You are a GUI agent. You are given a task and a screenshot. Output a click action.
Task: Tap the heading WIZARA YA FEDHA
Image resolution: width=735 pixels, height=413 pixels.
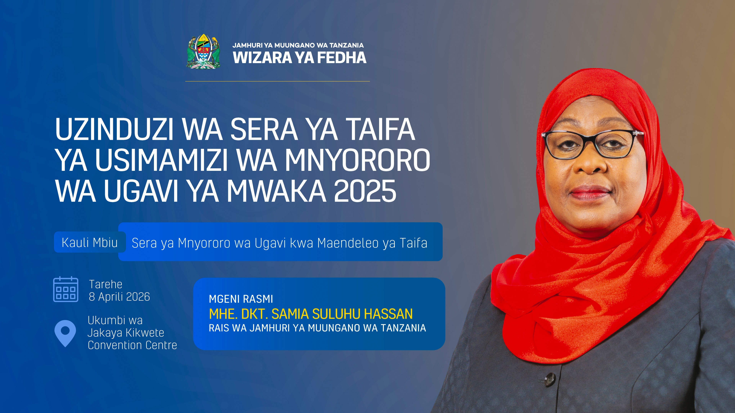299,58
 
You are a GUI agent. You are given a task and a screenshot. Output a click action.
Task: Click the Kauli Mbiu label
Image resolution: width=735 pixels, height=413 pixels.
90,243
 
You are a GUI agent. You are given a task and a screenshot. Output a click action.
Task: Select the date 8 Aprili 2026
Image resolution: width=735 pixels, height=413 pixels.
119,297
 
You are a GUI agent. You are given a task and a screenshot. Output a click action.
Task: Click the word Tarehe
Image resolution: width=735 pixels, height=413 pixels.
105,284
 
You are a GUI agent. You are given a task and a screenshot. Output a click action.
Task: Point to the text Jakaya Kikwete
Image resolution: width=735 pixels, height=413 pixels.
126,333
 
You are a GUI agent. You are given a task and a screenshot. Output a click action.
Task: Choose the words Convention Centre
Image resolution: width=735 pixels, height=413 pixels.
132,345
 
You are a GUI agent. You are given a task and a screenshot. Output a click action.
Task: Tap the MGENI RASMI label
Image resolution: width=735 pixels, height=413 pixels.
241,299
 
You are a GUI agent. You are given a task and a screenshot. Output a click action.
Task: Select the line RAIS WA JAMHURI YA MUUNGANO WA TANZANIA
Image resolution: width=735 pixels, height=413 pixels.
317,328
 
